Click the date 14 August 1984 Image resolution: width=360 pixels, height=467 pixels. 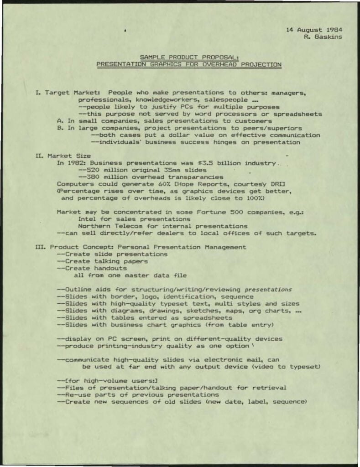314,30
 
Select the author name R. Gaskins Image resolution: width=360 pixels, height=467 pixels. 323,37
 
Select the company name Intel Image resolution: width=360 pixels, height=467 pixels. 87,219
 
